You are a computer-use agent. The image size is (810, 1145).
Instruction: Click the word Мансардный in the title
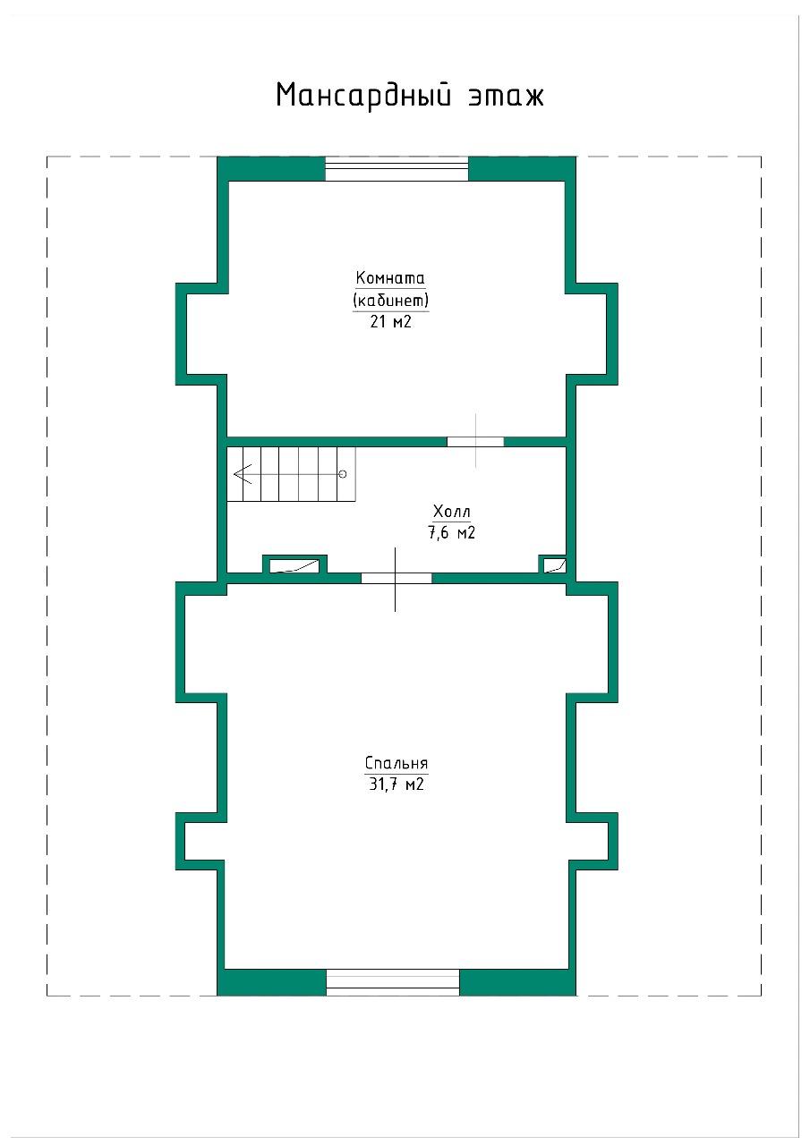(x=363, y=95)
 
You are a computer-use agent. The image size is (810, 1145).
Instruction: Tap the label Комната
(x=390, y=278)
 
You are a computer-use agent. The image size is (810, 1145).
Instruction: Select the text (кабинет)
(x=391, y=300)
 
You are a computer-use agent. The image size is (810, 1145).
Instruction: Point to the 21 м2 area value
(x=391, y=322)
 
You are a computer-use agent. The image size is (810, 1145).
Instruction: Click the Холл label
(x=451, y=511)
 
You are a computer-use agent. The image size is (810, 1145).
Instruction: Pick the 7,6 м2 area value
(x=451, y=532)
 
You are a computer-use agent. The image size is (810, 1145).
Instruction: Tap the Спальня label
(x=396, y=763)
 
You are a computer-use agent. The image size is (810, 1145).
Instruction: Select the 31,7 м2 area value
(x=396, y=785)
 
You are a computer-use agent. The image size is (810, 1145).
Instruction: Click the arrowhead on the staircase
(x=243, y=474)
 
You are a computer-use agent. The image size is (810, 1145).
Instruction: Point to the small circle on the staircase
(x=343, y=474)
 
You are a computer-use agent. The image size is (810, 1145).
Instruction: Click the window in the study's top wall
(x=396, y=169)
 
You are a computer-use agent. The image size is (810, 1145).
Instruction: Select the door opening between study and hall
(x=475, y=442)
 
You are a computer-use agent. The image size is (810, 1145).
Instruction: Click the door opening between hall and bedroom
(x=396, y=578)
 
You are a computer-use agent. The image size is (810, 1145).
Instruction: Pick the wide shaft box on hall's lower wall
(x=294, y=564)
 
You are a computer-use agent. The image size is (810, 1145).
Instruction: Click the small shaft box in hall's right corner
(x=553, y=564)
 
